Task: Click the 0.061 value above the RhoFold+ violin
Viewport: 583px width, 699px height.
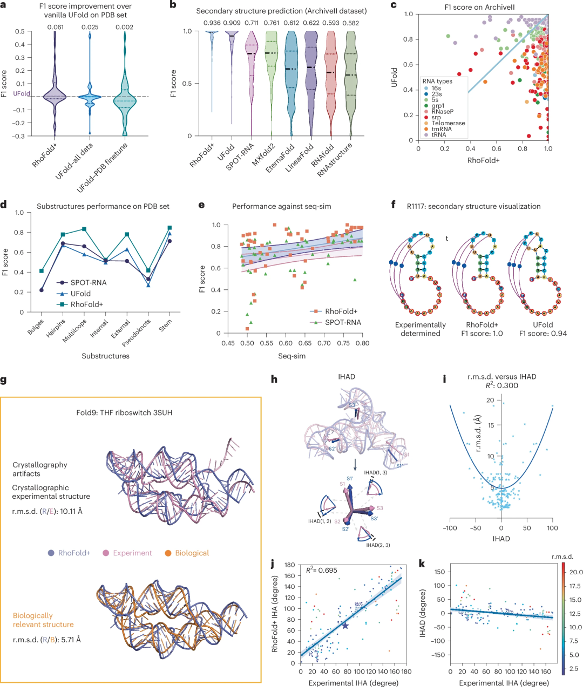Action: (x=55, y=27)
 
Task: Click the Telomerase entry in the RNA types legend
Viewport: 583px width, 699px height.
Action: (x=448, y=123)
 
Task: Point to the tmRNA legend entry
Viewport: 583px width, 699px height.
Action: (x=442, y=129)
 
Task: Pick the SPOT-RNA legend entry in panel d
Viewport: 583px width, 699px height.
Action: (x=88, y=282)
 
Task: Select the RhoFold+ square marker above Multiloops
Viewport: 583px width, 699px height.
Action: (x=84, y=229)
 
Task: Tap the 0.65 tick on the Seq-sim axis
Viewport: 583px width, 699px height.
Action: (x=305, y=343)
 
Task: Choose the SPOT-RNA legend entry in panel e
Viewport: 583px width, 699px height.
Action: (x=343, y=322)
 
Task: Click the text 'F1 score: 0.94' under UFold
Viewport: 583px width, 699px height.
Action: (x=543, y=334)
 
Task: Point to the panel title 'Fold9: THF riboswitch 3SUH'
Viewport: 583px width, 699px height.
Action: (x=124, y=412)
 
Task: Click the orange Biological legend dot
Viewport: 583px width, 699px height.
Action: (x=168, y=553)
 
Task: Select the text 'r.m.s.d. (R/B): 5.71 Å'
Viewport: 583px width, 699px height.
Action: (x=46, y=640)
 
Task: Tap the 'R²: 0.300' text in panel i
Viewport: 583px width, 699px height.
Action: (x=501, y=385)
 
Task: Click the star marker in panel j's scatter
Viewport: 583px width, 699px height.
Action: (x=345, y=626)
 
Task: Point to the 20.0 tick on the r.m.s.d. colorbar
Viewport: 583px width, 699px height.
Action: (x=575, y=572)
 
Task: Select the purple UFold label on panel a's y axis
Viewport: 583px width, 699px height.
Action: (x=22, y=93)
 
